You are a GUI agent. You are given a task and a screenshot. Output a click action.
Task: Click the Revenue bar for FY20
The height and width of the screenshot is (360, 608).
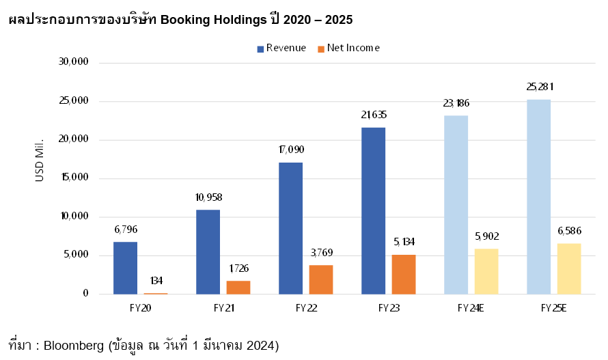(125, 268)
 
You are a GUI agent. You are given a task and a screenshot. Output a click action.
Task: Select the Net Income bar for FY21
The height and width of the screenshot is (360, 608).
(238, 287)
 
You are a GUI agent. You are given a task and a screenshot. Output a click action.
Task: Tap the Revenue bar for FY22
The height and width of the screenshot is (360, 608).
(290, 228)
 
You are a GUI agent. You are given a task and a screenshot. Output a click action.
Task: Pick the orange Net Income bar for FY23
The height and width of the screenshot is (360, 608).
(403, 274)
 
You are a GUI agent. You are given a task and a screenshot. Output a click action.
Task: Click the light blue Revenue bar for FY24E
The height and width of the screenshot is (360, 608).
(456, 205)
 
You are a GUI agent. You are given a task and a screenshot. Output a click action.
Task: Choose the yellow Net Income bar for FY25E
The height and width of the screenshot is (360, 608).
(568, 268)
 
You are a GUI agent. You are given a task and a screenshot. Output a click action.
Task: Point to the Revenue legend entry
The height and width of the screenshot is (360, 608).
(281, 48)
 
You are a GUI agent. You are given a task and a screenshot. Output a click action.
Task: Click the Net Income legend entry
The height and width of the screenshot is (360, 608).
(348, 48)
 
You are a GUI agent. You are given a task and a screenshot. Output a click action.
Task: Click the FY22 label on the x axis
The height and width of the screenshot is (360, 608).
(306, 308)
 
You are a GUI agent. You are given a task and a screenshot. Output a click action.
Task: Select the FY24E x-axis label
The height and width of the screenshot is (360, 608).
(471, 308)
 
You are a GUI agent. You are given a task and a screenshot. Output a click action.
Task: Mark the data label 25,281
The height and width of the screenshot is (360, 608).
(539, 87)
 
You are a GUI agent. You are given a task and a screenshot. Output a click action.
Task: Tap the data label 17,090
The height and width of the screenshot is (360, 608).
(291, 149)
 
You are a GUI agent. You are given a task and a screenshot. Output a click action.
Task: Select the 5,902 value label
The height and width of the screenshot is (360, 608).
(486, 236)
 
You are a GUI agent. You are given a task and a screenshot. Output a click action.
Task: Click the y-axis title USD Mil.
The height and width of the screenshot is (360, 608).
(39, 159)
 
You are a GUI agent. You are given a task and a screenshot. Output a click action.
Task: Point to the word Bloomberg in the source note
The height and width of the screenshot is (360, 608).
(73, 346)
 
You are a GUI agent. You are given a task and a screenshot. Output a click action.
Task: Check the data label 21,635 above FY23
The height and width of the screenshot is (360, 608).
(374, 115)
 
